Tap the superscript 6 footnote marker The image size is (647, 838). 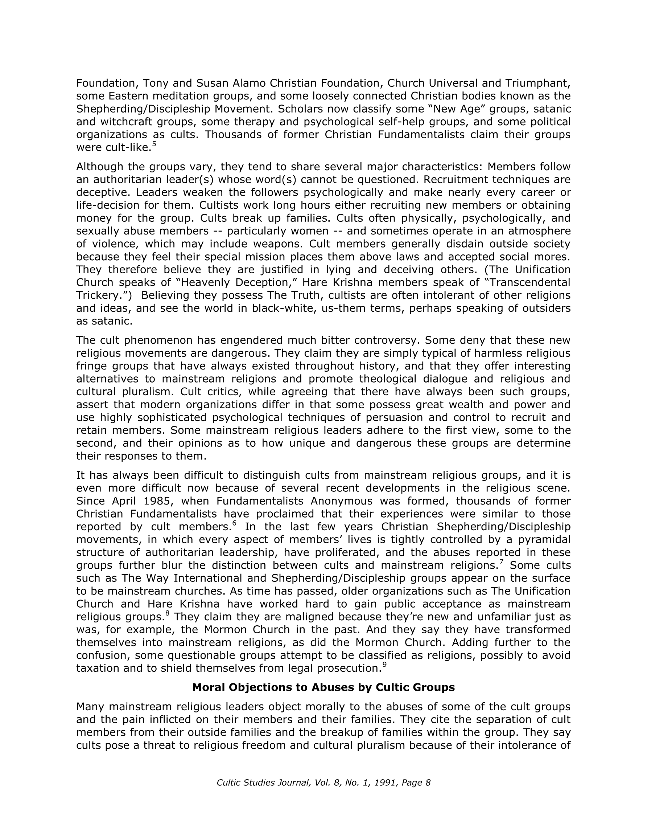[234, 523]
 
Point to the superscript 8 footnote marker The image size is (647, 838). [167, 613]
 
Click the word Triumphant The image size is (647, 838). [538, 83]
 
